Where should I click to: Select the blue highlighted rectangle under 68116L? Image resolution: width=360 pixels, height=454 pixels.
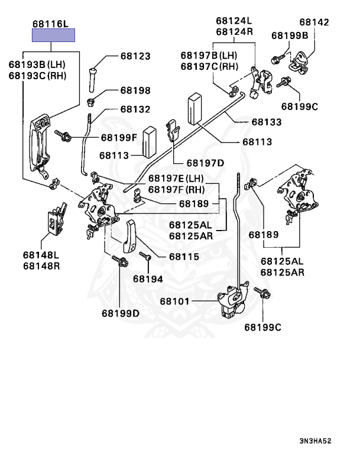(x=54, y=35)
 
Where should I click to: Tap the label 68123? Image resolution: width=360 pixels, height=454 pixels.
(x=135, y=56)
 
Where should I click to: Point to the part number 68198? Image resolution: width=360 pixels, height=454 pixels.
(x=135, y=90)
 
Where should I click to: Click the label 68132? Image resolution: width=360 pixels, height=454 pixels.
(x=135, y=109)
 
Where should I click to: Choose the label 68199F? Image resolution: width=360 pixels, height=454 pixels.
(x=118, y=138)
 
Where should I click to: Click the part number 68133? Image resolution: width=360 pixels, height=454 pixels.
(x=266, y=122)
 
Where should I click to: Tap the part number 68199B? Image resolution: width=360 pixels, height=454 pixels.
(x=290, y=35)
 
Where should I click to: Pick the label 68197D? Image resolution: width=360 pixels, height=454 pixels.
(x=205, y=163)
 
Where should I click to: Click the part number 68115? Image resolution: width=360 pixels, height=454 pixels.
(x=184, y=257)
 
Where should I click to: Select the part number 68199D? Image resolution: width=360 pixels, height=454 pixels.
(x=120, y=313)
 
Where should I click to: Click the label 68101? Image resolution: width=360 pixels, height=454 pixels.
(x=174, y=301)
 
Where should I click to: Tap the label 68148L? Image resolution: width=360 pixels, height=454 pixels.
(x=41, y=255)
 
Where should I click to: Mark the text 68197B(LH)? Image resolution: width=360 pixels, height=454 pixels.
(x=209, y=55)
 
